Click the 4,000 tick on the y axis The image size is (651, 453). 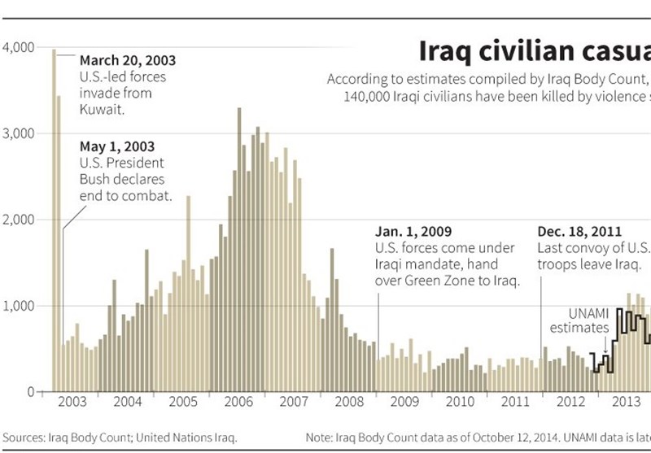(x=18, y=48)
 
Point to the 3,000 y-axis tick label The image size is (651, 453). (x=18, y=133)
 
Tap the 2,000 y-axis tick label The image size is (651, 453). (x=18, y=220)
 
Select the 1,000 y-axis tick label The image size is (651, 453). (x=18, y=306)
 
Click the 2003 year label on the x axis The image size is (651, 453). (x=72, y=401)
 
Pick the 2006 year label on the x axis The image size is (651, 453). (x=238, y=401)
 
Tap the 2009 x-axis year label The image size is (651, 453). (x=404, y=401)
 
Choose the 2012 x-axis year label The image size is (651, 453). (x=569, y=401)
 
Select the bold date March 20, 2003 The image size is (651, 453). (x=127, y=61)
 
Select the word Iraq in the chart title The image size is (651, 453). (x=446, y=50)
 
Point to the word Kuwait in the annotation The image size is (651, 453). (x=101, y=108)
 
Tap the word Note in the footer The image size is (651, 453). (x=320, y=438)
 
